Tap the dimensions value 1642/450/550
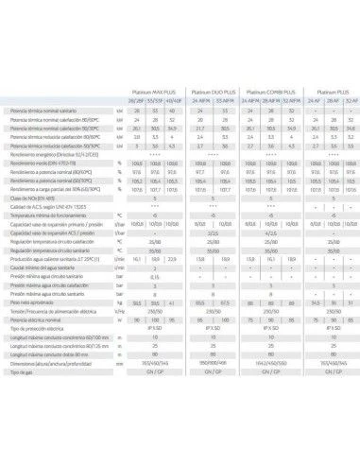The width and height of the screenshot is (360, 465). coord(268,362)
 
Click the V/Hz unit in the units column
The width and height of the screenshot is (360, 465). coord(119,311)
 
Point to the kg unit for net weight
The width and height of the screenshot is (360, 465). coord(119,302)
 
